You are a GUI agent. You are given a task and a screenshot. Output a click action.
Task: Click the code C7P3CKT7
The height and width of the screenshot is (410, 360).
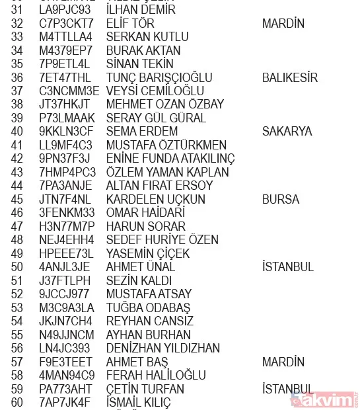(x=65, y=24)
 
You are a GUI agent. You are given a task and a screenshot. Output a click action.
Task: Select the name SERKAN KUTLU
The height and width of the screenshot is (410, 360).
(x=147, y=37)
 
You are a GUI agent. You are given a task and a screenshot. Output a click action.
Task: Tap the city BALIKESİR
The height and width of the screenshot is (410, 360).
(x=289, y=77)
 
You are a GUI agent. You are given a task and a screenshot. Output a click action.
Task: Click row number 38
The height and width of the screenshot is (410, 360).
(x=17, y=104)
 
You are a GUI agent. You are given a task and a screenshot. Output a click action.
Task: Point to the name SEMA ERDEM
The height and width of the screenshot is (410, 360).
(x=141, y=132)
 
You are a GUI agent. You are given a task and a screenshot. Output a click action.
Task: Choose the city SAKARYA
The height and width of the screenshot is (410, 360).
(x=287, y=132)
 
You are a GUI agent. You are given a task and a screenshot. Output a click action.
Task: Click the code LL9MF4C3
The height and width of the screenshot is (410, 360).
(x=65, y=145)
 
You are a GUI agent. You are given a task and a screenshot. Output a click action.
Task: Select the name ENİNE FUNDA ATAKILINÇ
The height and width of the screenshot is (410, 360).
(x=170, y=159)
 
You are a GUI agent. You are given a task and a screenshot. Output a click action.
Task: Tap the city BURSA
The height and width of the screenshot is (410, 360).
(x=280, y=199)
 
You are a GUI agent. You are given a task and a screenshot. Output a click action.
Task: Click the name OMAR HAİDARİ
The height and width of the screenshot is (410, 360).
(x=145, y=213)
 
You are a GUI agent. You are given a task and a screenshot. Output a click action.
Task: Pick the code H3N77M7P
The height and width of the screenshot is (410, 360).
(x=66, y=226)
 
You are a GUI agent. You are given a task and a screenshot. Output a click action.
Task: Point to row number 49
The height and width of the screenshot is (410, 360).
(x=17, y=253)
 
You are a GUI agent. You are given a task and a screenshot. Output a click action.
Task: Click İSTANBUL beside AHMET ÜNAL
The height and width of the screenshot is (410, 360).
(x=287, y=267)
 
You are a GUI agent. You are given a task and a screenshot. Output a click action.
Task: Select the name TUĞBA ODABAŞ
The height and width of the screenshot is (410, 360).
(x=148, y=307)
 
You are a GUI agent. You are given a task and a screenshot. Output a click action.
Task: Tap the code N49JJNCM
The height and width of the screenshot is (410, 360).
(x=67, y=335)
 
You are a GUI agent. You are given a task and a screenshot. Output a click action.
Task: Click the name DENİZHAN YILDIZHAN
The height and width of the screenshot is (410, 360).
(x=163, y=348)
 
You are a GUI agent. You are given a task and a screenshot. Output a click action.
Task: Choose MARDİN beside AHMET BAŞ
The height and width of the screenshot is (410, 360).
(x=283, y=362)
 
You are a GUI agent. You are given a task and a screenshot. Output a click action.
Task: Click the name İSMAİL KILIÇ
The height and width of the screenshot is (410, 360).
(x=138, y=402)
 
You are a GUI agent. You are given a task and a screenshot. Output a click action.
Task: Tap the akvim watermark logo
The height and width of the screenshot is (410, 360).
(x=328, y=399)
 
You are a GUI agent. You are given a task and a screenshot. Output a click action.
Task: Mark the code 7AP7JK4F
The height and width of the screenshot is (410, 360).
(x=65, y=402)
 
